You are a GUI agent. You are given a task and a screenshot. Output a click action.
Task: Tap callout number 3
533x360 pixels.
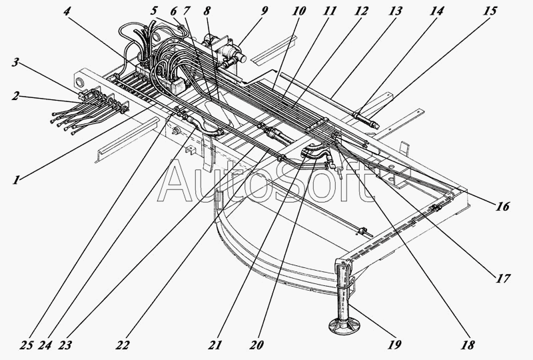(x=15, y=63)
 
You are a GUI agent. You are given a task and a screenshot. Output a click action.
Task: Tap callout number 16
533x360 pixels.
(x=503, y=207)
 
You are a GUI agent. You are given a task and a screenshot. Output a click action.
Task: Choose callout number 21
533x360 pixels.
(x=213, y=345)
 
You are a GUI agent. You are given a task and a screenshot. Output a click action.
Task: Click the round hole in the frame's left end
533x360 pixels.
(x=81, y=83)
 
